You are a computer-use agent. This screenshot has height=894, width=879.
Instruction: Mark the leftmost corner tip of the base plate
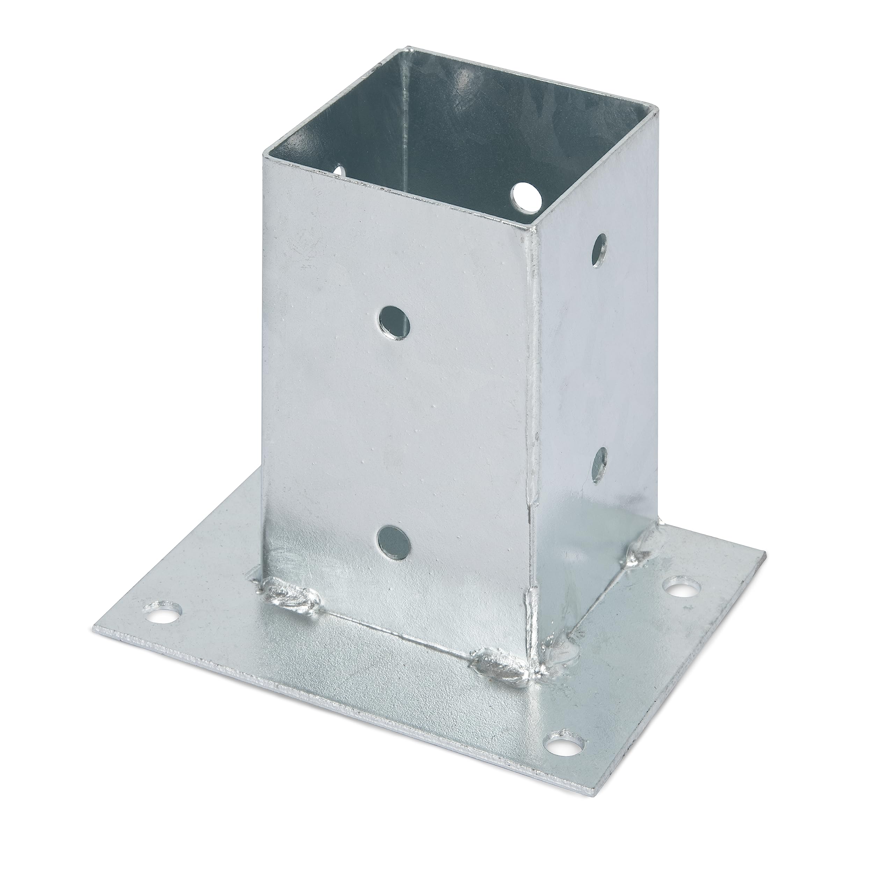tap(94, 630)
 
